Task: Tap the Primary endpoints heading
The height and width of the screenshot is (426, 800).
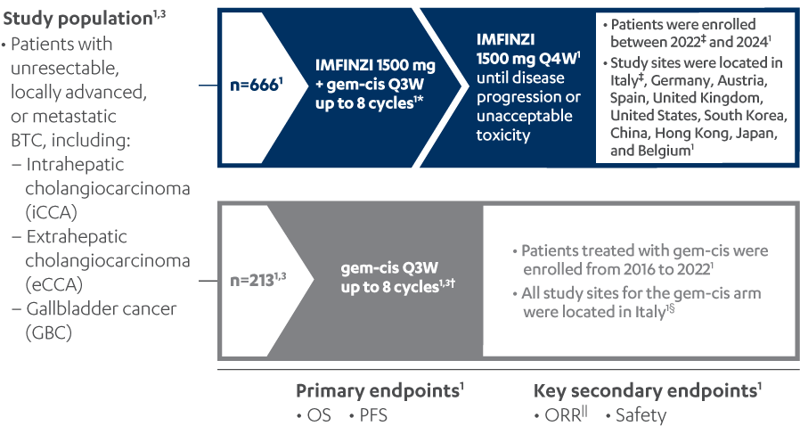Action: tap(379, 391)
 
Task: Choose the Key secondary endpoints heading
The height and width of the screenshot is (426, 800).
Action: tap(645, 391)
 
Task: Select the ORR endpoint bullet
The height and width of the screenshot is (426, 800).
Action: tap(560, 415)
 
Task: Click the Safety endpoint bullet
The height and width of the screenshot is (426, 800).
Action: tap(636, 415)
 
